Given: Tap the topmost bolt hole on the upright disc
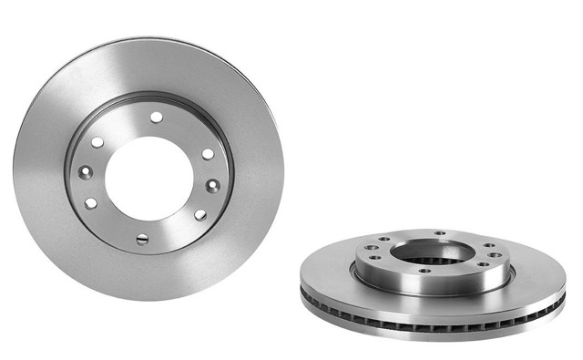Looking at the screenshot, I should click(157, 117).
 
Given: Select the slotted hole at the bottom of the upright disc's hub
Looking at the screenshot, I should click(142, 239).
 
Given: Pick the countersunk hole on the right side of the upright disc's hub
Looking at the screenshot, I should click(212, 185).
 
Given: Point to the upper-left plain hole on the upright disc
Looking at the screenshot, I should click(97, 142).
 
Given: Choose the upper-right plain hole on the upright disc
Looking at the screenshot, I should click(208, 153).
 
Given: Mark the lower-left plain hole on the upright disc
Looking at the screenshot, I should click(90, 203).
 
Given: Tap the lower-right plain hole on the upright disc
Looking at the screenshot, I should click(201, 215).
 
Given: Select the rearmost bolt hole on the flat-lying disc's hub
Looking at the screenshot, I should click(441, 233).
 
